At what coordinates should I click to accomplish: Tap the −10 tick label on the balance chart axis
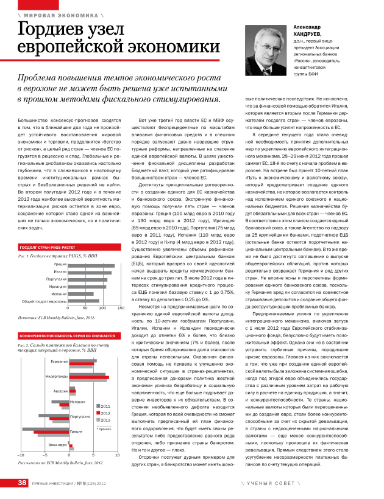point(21,455)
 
